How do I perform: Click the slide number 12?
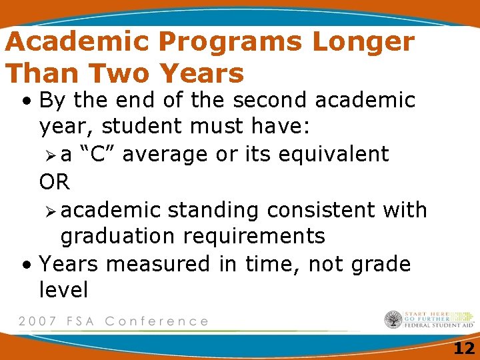coord(463,347)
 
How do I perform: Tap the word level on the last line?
coord(63,290)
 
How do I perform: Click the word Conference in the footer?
coord(157,321)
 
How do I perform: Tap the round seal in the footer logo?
coord(393,320)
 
